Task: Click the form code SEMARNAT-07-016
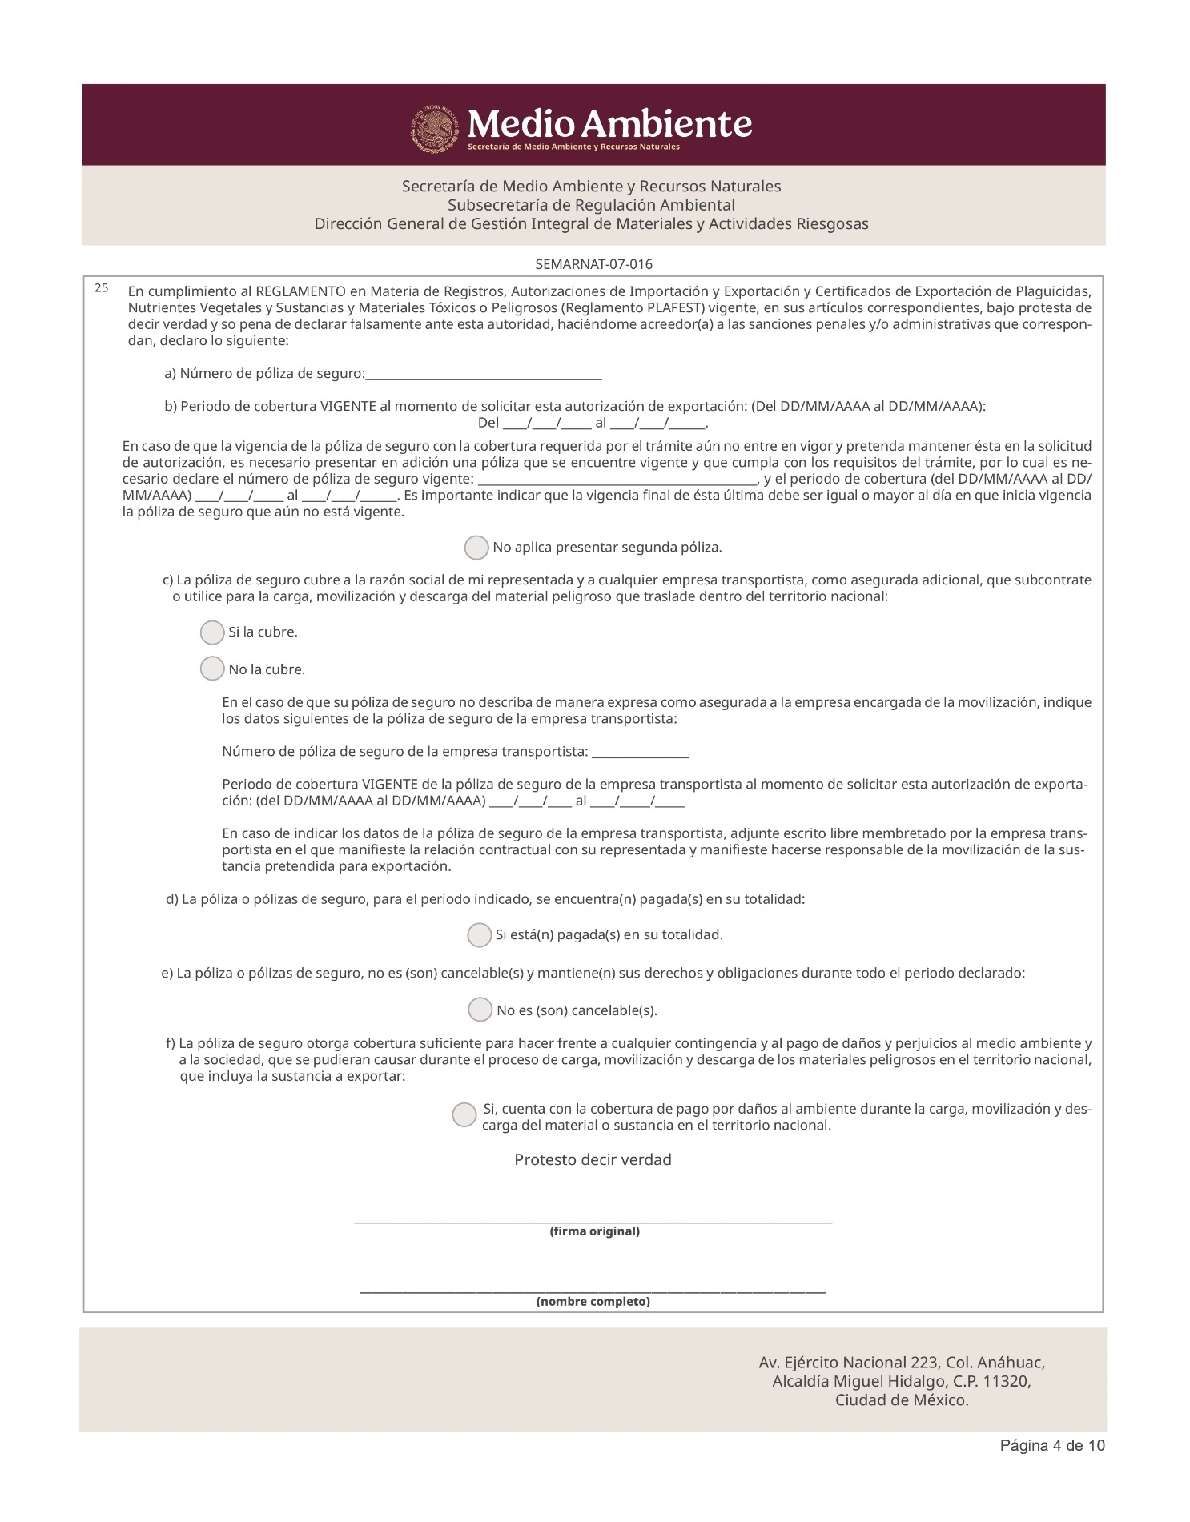coord(593,264)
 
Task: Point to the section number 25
coord(101,288)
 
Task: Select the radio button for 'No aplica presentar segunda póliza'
coord(476,548)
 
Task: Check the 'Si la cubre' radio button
coord(212,633)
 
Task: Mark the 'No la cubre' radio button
coord(212,669)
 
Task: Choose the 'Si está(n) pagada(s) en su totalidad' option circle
coord(479,935)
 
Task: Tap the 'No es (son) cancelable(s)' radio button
coord(480,1010)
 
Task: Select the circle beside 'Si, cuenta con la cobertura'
coord(464,1114)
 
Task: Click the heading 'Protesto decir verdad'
coord(593,1160)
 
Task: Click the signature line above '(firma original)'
coord(593,1220)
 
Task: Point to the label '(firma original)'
coord(594,1231)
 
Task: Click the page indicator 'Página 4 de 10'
coord(1052,1445)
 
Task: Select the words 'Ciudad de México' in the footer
coord(901,1400)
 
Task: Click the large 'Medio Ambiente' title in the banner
coord(609,124)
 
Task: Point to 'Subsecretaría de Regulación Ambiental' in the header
coord(591,205)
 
